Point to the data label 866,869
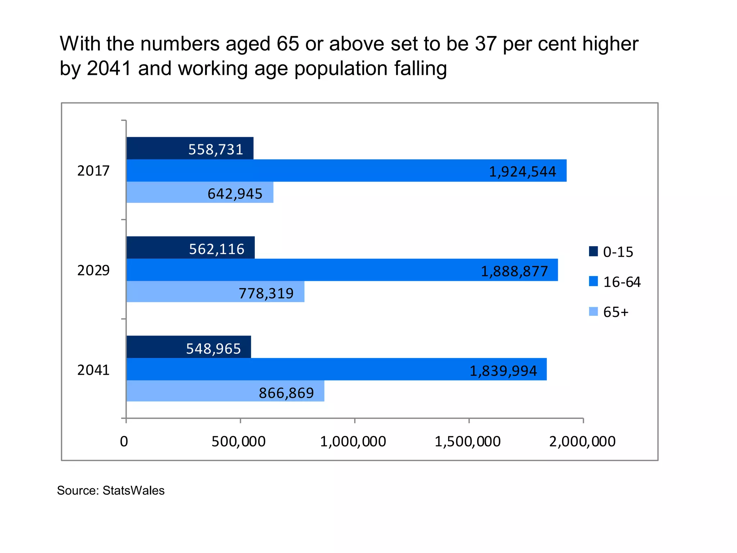pyautogui.click(x=286, y=393)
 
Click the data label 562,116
pyautogui.click(x=217, y=249)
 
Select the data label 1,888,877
pyautogui.click(x=514, y=271)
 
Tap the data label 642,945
pyautogui.click(x=235, y=194)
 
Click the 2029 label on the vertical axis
pyautogui.click(x=93, y=270)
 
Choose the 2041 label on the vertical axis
pyautogui.click(x=93, y=370)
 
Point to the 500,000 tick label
pyautogui.click(x=239, y=442)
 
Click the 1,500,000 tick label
pyautogui.click(x=467, y=442)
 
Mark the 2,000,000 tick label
pyautogui.click(x=582, y=442)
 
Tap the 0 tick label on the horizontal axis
pyautogui.click(x=124, y=442)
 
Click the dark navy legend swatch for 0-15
pyautogui.click(x=593, y=251)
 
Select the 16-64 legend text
pyautogui.click(x=622, y=282)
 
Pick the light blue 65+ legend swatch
pyautogui.click(x=593, y=311)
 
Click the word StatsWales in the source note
pyautogui.click(x=134, y=491)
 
